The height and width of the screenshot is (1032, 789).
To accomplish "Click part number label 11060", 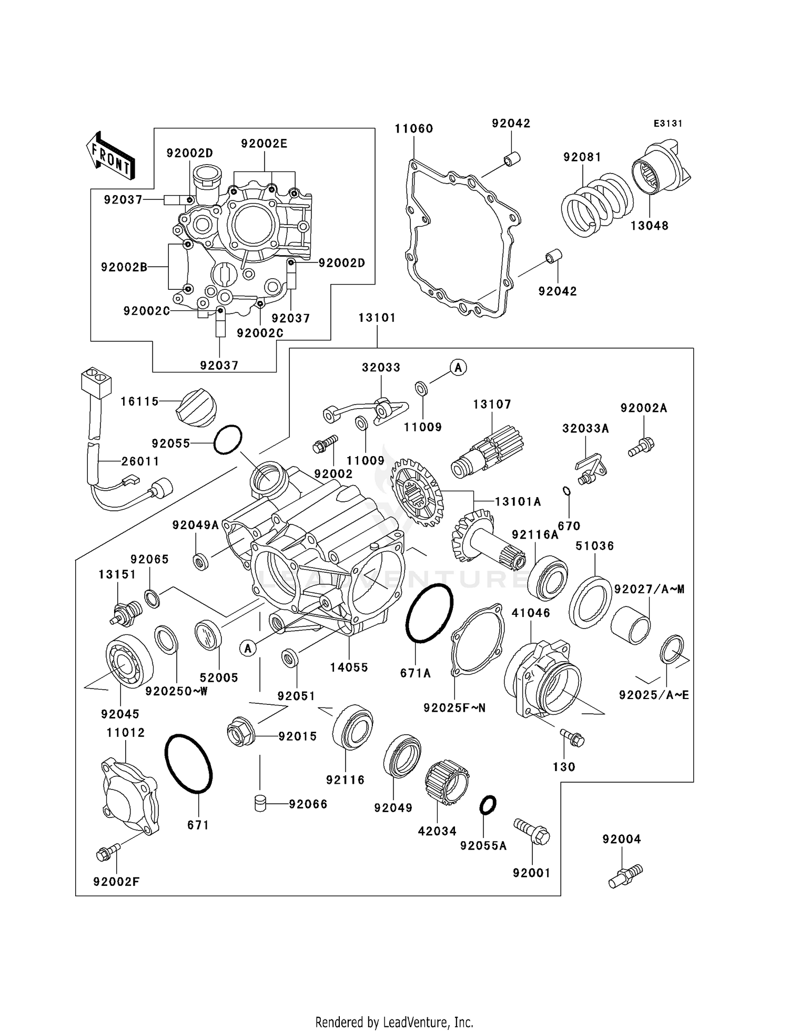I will (x=414, y=129).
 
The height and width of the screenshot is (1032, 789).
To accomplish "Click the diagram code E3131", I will (x=667, y=124).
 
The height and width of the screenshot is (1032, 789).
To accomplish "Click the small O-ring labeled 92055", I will (x=228, y=440).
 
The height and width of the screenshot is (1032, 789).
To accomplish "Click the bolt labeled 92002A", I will (x=641, y=447).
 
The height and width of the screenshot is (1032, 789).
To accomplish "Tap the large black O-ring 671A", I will (x=429, y=613).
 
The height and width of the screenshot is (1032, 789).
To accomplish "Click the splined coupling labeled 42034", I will (x=447, y=782).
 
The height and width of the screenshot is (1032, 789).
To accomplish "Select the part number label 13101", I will (x=377, y=318).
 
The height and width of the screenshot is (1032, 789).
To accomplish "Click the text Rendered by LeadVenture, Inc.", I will (x=394, y=1022).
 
